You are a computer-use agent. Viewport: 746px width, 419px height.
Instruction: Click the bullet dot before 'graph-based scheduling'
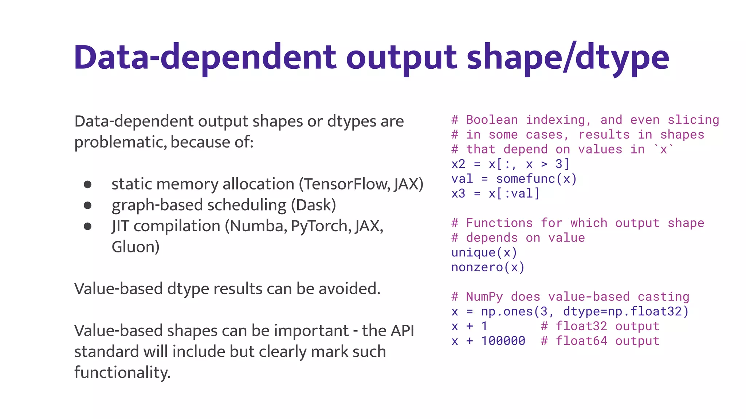87,205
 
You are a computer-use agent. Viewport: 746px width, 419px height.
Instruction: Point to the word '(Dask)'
313,205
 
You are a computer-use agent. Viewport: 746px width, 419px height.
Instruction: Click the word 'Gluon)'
136,247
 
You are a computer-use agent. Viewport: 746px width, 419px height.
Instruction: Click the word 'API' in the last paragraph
402,331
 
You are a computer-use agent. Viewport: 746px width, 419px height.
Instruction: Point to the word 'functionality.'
122,373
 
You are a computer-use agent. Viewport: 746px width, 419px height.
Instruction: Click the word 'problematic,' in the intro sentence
121,142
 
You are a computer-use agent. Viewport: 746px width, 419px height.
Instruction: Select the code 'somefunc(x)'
536,179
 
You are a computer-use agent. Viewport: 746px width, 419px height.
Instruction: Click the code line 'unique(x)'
484,253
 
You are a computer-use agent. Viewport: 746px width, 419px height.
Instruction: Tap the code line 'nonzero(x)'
488,268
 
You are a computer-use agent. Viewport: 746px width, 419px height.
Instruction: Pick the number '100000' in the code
503,341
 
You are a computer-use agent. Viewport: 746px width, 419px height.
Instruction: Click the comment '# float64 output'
600,341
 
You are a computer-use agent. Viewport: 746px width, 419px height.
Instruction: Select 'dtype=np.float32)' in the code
626,312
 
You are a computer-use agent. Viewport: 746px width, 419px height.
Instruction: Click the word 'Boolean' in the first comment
492,120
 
